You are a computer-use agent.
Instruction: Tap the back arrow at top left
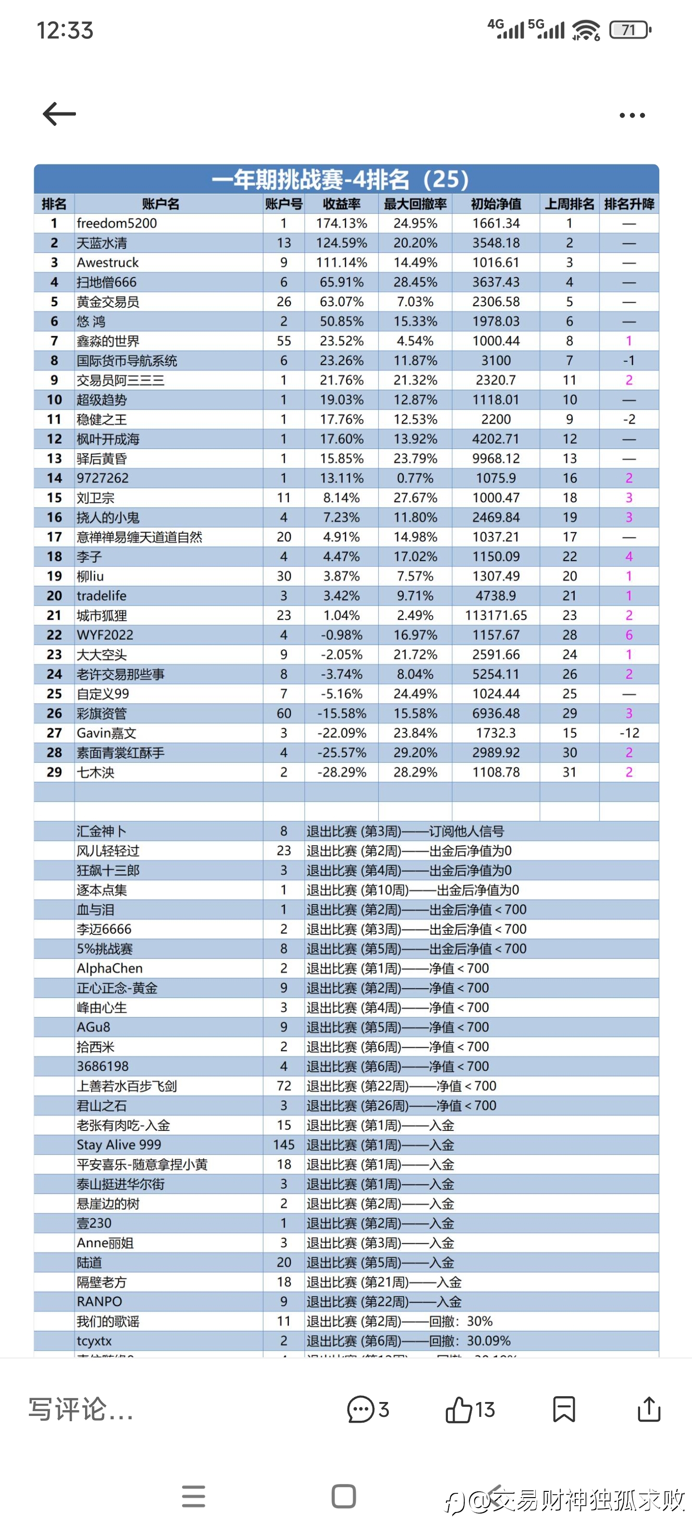[x=59, y=113]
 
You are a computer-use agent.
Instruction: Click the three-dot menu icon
[x=632, y=115]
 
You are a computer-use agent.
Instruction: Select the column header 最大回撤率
[x=415, y=204]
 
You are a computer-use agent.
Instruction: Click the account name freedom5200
[x=117, y=223]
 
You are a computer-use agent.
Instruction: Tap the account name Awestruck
[x=108, y=263]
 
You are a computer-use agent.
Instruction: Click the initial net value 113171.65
[x=495, y=616]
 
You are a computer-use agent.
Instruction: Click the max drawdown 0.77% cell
[x=415, y=478]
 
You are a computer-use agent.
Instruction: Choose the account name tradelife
[x=101, y=596]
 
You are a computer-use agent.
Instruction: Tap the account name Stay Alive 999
[x=119, y=1144]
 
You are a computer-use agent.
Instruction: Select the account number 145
[x=284, y=1144]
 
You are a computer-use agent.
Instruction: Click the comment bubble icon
[x=360, y=1410]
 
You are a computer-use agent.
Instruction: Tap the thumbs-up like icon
[x=458, y=1410]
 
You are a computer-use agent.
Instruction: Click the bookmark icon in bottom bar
[x=564, y=1410]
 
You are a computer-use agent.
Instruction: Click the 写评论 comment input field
[x=81, y=1410]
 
